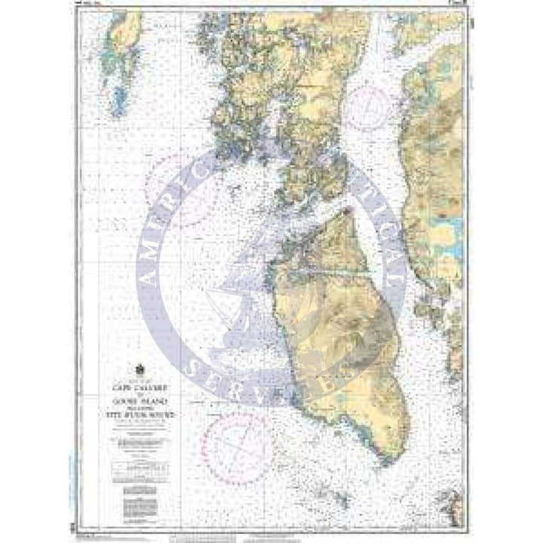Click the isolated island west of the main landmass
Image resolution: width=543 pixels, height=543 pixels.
pos(121,64)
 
